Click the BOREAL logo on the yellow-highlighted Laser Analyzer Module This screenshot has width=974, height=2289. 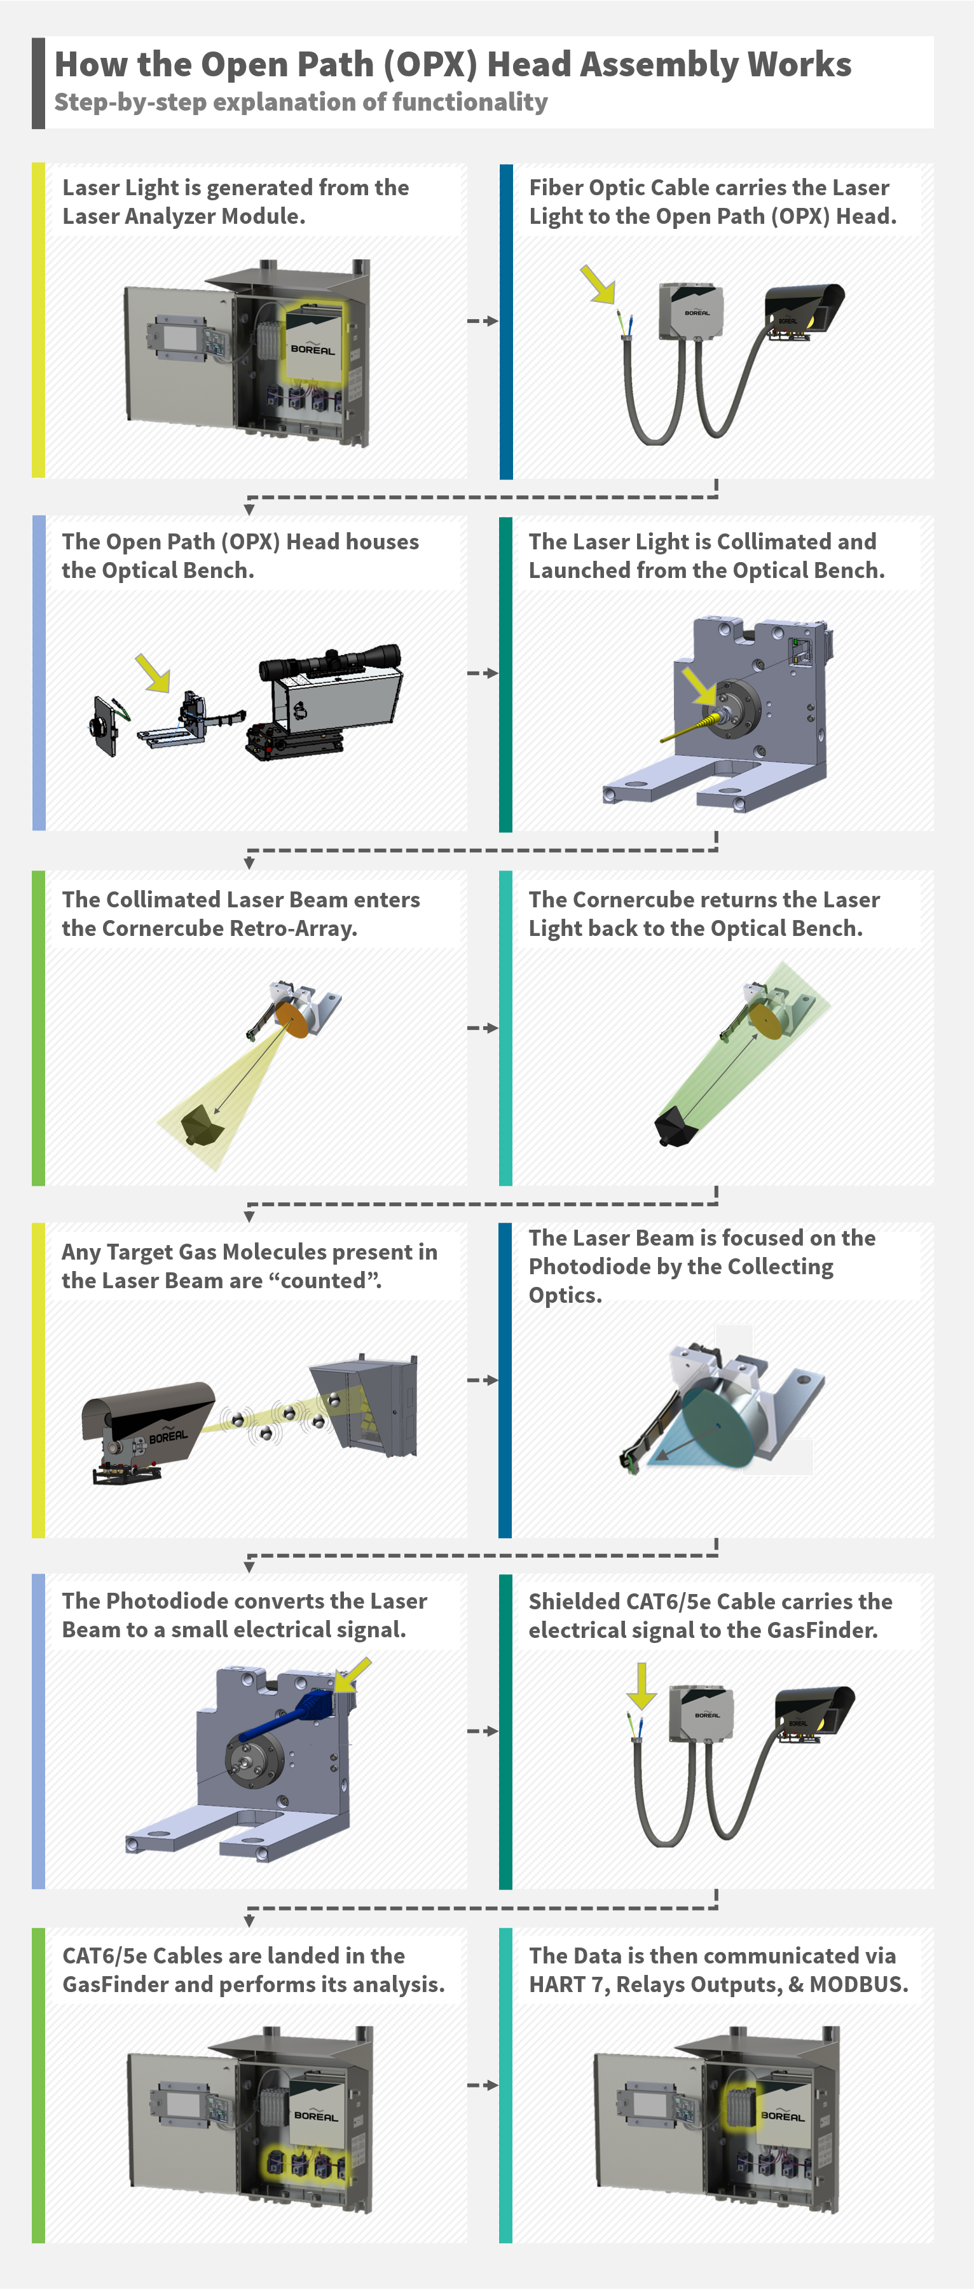(x=313, y=348)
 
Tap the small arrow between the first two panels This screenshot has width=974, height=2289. (x=483, y=321)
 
